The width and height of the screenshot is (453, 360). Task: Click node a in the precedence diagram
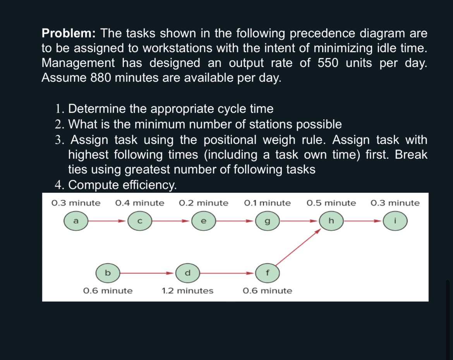pyautogui.click(x=76, y=221)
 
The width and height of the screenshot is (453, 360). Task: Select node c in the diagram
pyautogui.click(x=140, y=221)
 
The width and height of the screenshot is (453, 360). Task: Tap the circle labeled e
pyautogui.click(x=204, y=221)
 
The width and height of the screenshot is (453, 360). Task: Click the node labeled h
pyautogui.click(x=331, y=221)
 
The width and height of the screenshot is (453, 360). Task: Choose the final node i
pyautogui.click(x=395, y=221)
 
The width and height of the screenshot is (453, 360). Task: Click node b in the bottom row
pyautogui.click(x=108, y=273)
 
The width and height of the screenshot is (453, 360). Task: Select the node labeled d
pyautogui.click(x=187, y=273)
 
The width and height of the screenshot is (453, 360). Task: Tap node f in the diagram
pyautogui.click(x=267, y=273)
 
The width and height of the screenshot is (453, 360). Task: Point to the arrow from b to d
pyautogui.click(x=147, y=273)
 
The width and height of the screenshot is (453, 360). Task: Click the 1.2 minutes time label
pyautogui.click(x=187, y=291)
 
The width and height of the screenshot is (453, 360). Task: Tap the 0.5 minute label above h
pyautogui.click(x=331, y=203)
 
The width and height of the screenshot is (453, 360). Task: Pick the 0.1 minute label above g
pyautogui.click(x=267, y=203)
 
